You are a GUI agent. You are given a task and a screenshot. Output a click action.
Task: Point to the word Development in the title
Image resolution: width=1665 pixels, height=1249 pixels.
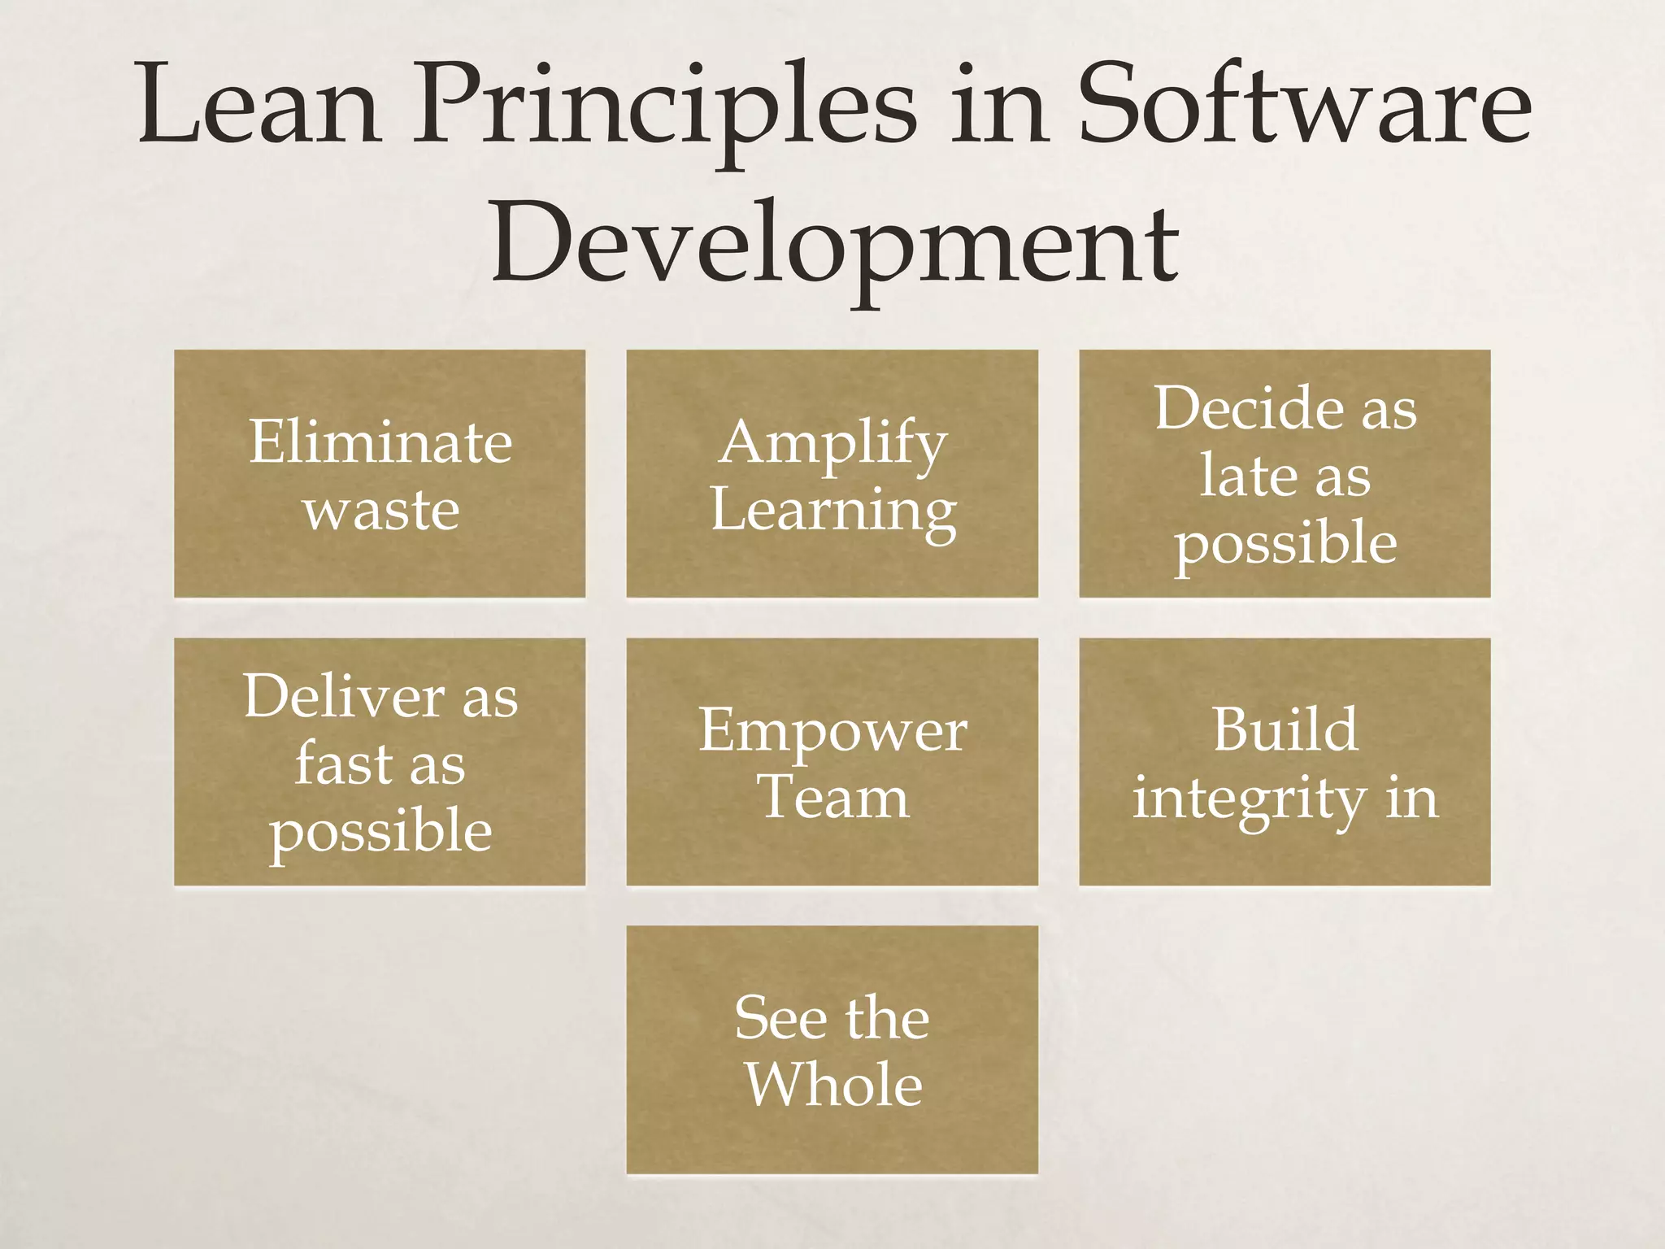point(834,244)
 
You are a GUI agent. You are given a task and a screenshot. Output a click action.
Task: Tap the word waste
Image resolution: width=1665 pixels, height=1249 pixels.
point(380,511)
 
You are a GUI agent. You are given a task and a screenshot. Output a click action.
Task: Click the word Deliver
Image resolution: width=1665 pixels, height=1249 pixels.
point(344,696)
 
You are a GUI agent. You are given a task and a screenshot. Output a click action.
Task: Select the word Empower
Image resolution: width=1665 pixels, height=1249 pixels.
point(832,730)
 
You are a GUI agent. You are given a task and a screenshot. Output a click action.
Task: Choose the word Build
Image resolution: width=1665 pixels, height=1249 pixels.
point(1285,729)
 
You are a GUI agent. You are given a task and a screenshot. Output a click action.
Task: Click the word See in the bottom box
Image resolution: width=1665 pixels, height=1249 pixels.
point(780,1017)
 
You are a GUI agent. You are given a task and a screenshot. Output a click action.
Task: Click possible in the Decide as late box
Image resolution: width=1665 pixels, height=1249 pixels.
point(1285,544)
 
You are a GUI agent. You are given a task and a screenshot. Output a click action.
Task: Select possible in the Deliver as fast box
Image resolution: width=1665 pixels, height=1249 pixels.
point(380,832)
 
